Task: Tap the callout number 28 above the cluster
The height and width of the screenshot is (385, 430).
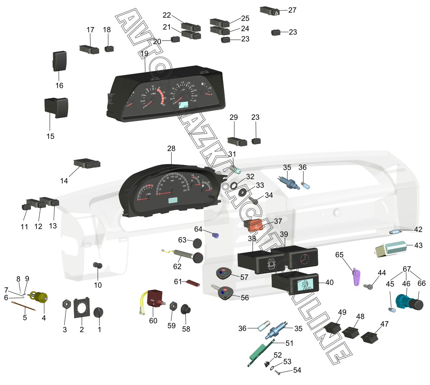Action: pyautogui.click(x=171, y=149)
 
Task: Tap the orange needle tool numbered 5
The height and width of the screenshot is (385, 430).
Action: pyautogui.click(x=23, y=307)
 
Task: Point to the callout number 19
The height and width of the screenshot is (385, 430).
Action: pyautogui.click(x=144, y=54)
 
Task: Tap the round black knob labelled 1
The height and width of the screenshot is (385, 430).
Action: pyautogui.click(x=98, y=313)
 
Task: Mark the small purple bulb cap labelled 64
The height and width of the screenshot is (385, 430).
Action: pyautogui.click(x=216, y=235)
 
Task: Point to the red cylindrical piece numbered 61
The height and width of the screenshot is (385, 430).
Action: pyautogui.click(x=193, y=283)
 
